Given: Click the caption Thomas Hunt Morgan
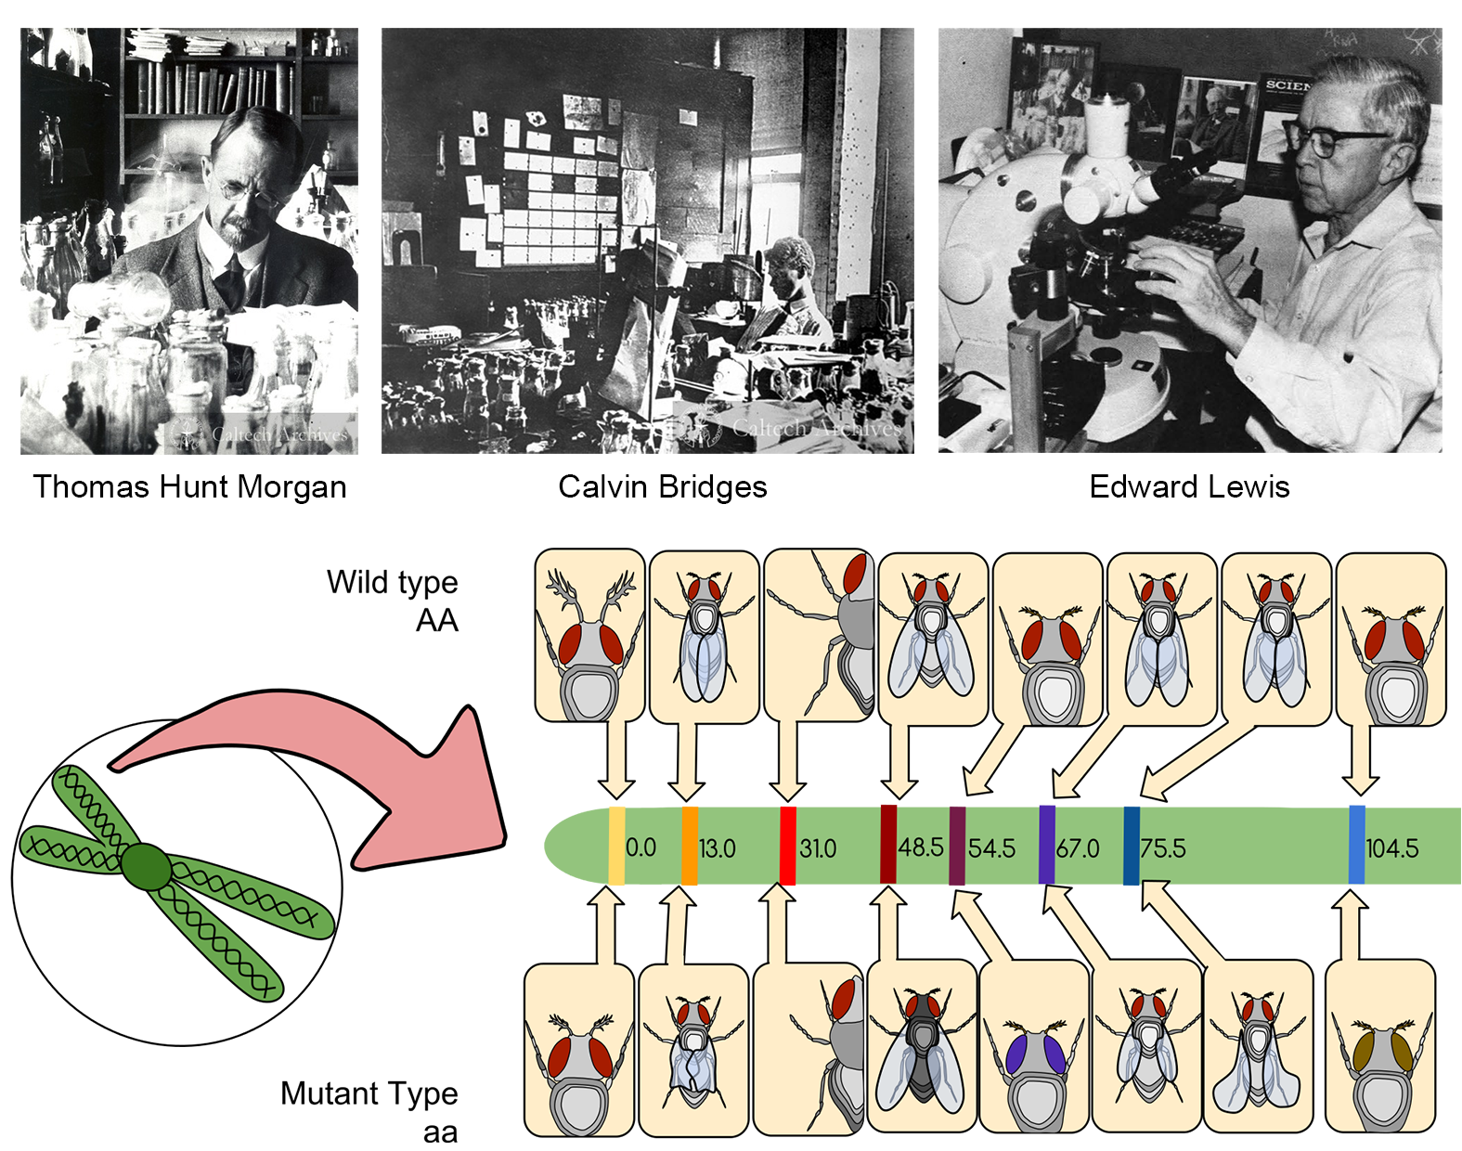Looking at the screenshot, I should pyautogui.click(x=189, y=487).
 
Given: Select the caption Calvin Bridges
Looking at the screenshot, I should pyautogui.click(x=662, y=487).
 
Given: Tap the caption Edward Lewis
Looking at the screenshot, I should pyautogui.click(x=1189, y=487).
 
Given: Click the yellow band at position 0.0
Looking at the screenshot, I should pyautogui.click(x=616, y=846).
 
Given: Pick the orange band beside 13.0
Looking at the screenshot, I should pyautogui.click(x=690, y=846).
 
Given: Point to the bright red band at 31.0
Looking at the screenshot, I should pyautogui.click(x=787, y=846).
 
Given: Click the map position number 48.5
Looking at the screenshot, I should pyautogui.click(x=921, y=847).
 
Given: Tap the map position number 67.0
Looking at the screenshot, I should pyautogui.click(x=1078, y=848).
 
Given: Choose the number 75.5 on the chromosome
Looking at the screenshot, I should pyautogui.click(x=1163, y=848).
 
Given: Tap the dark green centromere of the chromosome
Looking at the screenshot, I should pyautogui.click(x=147, y=867).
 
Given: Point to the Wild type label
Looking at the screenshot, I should pyautogui.click(x=392, y=583).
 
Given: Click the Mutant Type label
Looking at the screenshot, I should pyautogui.click(x=369, y=1093).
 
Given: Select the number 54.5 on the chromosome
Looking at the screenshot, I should pyautogui.click(x=991, y=848).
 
